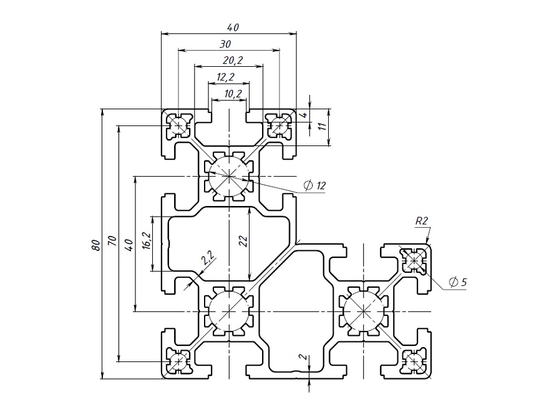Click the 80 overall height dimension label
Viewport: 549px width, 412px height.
coord(95,244)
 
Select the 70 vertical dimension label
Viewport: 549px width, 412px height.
coord(112,240)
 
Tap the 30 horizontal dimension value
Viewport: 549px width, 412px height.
coord(225,44)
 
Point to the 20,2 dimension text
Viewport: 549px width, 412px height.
coord(232,60)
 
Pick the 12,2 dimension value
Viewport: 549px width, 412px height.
coord(225,77)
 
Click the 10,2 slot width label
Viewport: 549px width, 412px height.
coord(232,94)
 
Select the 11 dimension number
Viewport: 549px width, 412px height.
coord(322,126)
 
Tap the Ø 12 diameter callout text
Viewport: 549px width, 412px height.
coord(314,185)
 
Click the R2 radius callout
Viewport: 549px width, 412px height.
coord(421,220)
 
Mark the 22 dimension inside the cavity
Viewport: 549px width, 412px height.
coord(244,241)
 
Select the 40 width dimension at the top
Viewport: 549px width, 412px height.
coord(233,27)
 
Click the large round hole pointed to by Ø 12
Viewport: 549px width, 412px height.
coord(230,177)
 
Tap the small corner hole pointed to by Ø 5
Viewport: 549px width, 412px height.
coord(414,260)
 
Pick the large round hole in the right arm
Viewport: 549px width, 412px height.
coord(364,311)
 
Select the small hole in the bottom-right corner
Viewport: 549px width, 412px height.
coord(414,360)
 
